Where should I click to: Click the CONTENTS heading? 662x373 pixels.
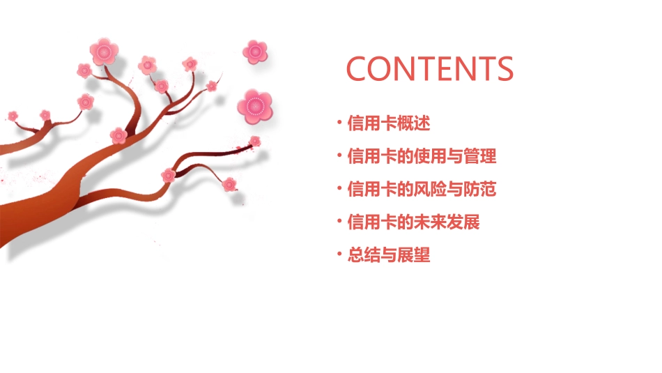(430, 68)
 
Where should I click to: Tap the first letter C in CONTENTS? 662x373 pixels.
(358, 68)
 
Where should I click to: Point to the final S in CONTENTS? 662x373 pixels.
(503, 68)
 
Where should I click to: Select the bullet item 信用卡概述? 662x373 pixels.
(389, 124)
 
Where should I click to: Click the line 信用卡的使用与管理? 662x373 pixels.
(422, 156)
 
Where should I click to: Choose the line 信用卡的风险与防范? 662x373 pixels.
(422, 189)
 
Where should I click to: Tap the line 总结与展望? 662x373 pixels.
(389, 255)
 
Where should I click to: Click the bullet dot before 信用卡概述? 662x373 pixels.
(339, 123)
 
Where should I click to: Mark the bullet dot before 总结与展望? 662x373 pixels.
(339, 254)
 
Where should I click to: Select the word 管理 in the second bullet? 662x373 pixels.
(480, 156)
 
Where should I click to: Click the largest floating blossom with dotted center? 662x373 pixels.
(254, 106)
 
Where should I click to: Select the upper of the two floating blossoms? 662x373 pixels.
(256, 51)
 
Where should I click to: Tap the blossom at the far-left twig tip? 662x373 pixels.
(13, 115)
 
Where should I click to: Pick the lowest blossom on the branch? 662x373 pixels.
(229, 184)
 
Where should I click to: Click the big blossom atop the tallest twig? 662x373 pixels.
(104, 51)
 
